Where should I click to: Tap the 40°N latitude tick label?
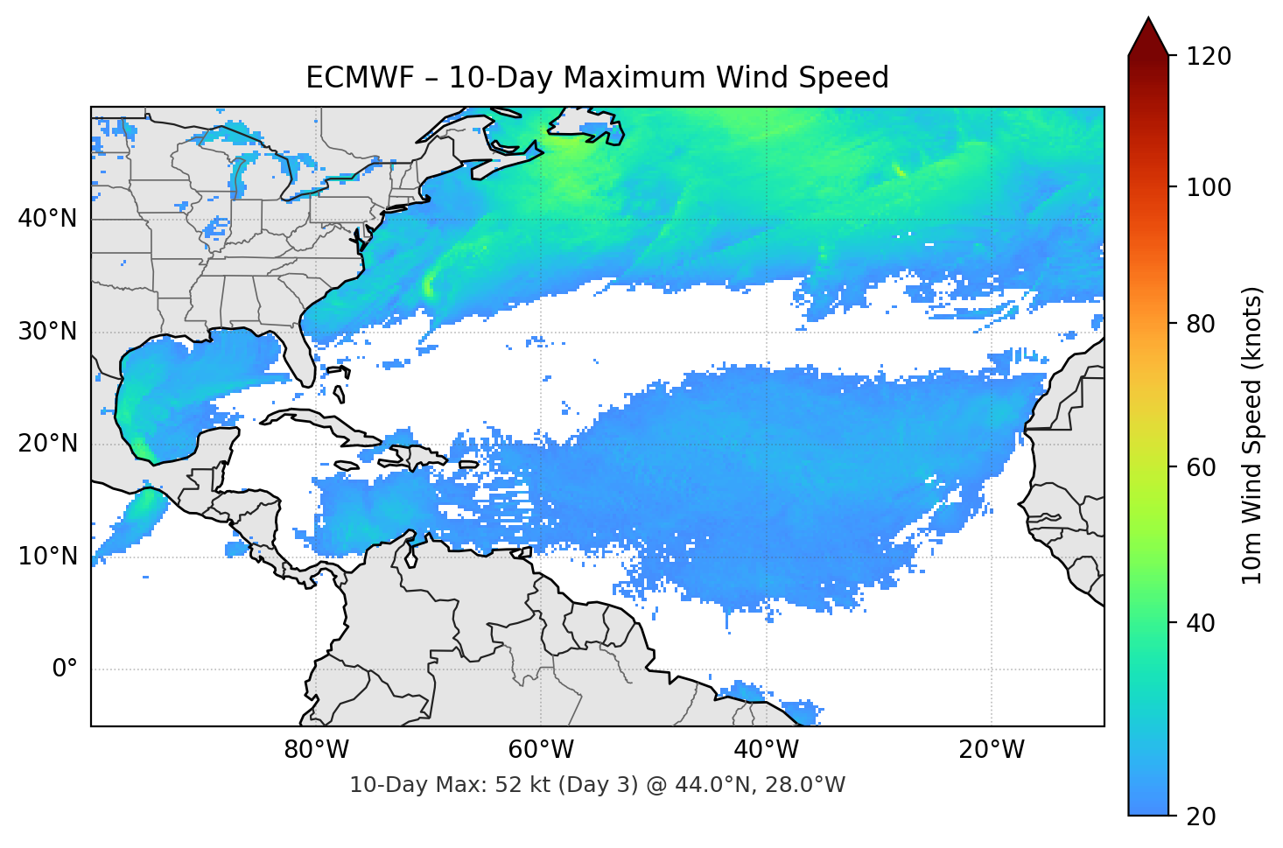coord(47,218)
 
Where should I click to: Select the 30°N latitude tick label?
coord(47,332)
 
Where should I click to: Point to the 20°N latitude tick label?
coord(47,444)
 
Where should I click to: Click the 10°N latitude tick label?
coord(47,557)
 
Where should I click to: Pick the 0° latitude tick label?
coord(65,669)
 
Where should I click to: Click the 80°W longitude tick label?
coord(316,750)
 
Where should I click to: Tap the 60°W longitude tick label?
coord(541,750)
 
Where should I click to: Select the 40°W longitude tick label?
coord(766,750)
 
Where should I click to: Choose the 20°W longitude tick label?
coord(991,750)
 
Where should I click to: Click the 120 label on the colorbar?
coord(1209,57)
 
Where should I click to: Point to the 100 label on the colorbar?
coord(1209,187)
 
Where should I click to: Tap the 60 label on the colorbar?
coord(1201,467)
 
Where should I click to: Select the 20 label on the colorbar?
coord(1201,816)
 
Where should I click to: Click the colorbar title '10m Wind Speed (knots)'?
coord(1252,436)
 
